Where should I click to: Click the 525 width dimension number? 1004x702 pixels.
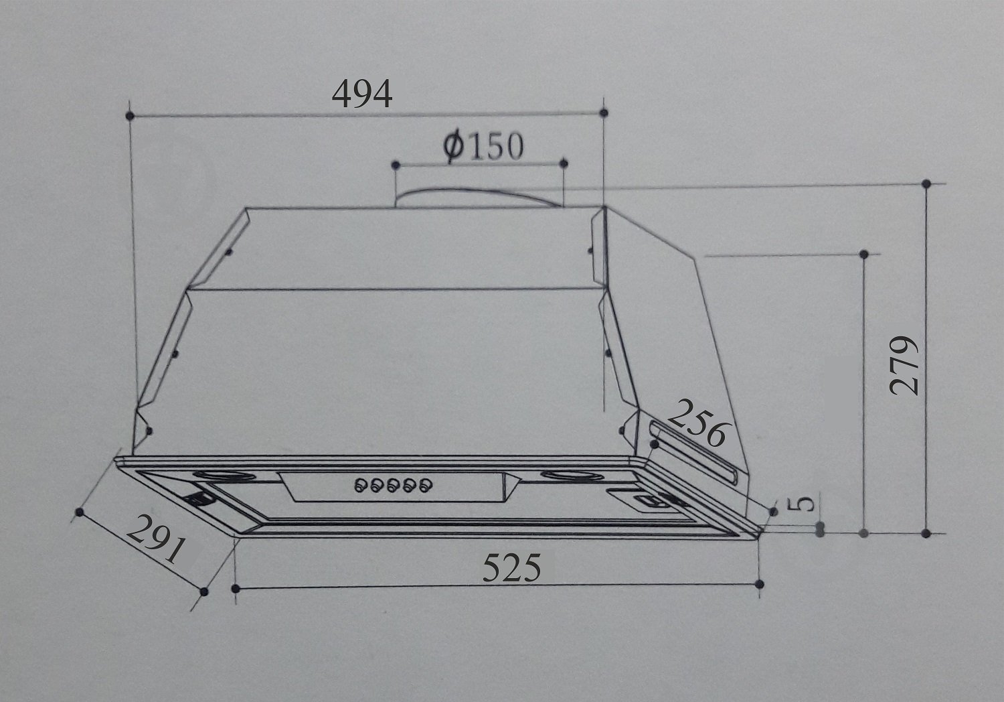pos(511,569)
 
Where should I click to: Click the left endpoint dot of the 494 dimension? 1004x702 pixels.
pos(130,115)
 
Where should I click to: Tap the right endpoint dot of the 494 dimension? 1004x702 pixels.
pos(604,113)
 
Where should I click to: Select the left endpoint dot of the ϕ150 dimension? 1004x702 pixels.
pos(396,164)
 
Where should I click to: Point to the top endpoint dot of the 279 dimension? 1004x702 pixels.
pos(926,184)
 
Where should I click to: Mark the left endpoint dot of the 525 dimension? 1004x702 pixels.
pos(236,588)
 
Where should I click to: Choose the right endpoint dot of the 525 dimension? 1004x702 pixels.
pos(759,584)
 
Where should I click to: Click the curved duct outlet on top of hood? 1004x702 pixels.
pos(479,196)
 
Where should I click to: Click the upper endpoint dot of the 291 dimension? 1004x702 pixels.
pos(80,513)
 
